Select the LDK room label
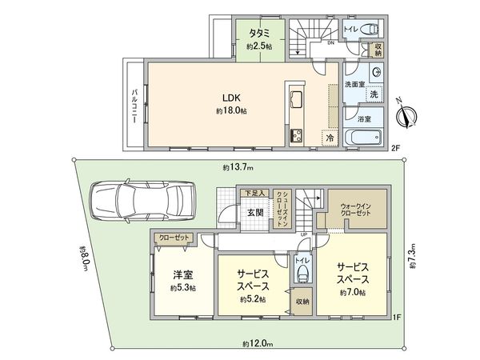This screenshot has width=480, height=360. click(231, 100)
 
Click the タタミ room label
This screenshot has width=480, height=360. click(258, 34)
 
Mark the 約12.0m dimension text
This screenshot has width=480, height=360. click(258, 344)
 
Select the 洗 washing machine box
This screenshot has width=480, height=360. click(373, 94)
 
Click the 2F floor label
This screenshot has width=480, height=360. click(394, 147)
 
